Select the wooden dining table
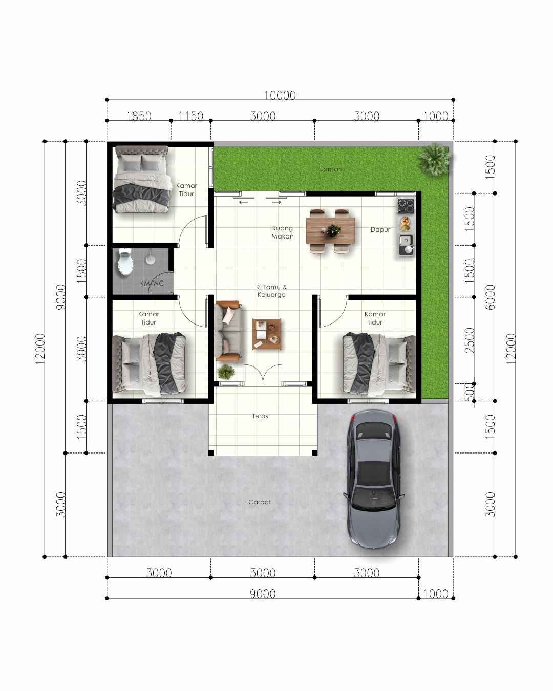click(330, 230)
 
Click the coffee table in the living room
click(267, 334)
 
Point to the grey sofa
click(228, 330)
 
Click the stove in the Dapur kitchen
click(406, 206)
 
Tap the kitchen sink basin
click(407, 240)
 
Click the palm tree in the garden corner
click(434, 160)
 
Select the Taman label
click(331, 169)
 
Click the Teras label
click(260, 416)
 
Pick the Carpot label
click(260, 502)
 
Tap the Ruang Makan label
click(283, 232)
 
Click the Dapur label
click(380, 230)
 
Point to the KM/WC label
click(152, 283)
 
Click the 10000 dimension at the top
click(280, 95)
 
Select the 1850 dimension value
click(139, 116)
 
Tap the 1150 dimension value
click(191, 116)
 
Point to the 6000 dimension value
click(491, 297)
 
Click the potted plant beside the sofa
click(225, 372)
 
